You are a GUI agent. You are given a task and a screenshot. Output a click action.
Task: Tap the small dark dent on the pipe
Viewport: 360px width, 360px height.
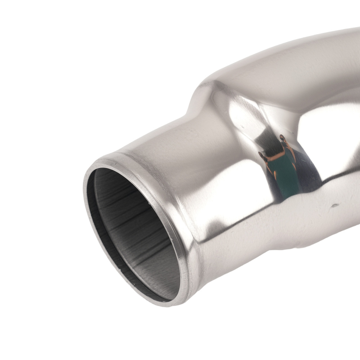coord(335,206)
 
